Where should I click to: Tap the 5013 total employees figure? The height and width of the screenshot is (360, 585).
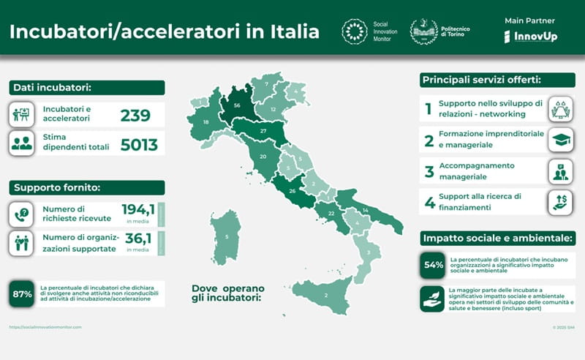(x=139, y=144)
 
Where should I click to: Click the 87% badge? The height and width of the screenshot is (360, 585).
(x=22, y=294)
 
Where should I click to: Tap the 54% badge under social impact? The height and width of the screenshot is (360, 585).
(x=434, y=265)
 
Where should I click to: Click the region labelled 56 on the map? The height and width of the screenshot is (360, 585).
(x=237, y=105)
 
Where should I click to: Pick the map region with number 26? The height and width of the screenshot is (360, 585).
(x=292, y=192)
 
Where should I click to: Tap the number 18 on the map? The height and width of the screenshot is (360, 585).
(x=206, y=122)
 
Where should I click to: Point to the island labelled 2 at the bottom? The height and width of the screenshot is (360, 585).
(x=325, y=295)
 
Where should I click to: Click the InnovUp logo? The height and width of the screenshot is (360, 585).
(x=530, y=36)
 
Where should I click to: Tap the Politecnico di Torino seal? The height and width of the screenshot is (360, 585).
(x=423, y=31)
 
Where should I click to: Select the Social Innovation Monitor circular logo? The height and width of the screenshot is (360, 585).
(x=355, y=31)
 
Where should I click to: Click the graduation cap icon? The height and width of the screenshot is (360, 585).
(x=560, y=140)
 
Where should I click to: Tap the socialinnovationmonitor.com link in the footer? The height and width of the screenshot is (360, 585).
(x=45, y=327)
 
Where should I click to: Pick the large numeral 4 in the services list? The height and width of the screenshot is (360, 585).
(x=429, y=203)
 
